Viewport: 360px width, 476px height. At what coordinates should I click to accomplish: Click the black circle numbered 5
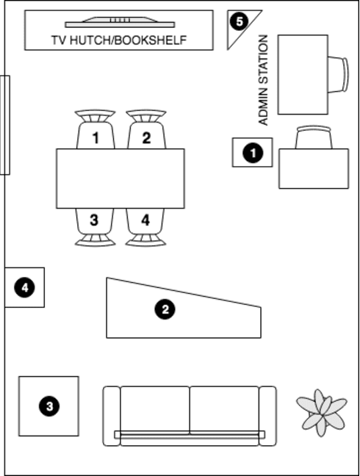[x=240, y=21]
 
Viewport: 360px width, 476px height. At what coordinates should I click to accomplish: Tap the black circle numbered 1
[x=253, y=153]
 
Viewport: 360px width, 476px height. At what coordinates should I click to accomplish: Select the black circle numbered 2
[x=165, y=310]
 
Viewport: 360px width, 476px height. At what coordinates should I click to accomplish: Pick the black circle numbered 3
[x=49, y=406]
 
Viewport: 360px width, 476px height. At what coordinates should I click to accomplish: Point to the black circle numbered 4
[x=24, y=287]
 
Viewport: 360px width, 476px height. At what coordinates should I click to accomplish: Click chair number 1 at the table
[x=96, y=129]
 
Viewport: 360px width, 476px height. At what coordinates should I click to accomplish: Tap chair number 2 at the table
[x=146, y=129]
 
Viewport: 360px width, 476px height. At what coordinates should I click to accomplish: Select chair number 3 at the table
[x=95, y=227]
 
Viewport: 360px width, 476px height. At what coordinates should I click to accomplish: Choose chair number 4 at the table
[x=145, y=227]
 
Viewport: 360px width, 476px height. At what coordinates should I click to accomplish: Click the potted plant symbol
[x=322, y=412]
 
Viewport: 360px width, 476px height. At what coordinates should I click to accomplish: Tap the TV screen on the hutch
[x=120, y=22]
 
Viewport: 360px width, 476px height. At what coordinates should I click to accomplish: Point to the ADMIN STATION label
[x=263, y=80]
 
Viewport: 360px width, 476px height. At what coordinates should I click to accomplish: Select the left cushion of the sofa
[x=155, y=409]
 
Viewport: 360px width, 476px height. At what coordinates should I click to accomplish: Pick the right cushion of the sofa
[x=224, y=409]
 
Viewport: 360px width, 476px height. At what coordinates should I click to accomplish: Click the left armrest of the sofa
[x=112, y=416]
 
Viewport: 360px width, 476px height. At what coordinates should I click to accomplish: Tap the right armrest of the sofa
[x=267, y=416]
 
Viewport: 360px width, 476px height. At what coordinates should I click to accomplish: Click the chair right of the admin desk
[x=338, y=74]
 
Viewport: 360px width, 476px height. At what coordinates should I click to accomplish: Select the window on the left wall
[x=5, y=125]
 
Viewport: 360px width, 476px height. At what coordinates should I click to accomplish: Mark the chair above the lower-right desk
[x=314, y=137]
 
